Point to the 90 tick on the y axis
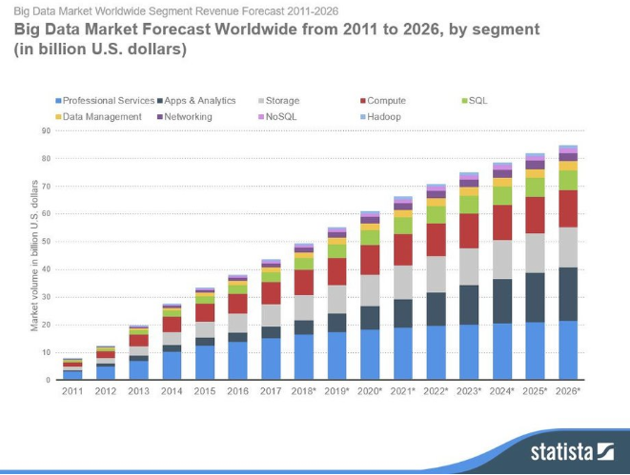point(45,130)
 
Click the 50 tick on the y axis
point(45,242)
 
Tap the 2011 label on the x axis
point(72,390)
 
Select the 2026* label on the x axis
point(568,390)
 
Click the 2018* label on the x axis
point(304,390)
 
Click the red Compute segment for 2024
point(501,222)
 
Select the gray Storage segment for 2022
point(436,274)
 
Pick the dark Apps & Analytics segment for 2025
point(535,298)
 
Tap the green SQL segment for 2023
point(469,204)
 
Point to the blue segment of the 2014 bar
point(172,366)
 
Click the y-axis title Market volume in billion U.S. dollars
point(35,254)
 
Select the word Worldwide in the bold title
point(238,30)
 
